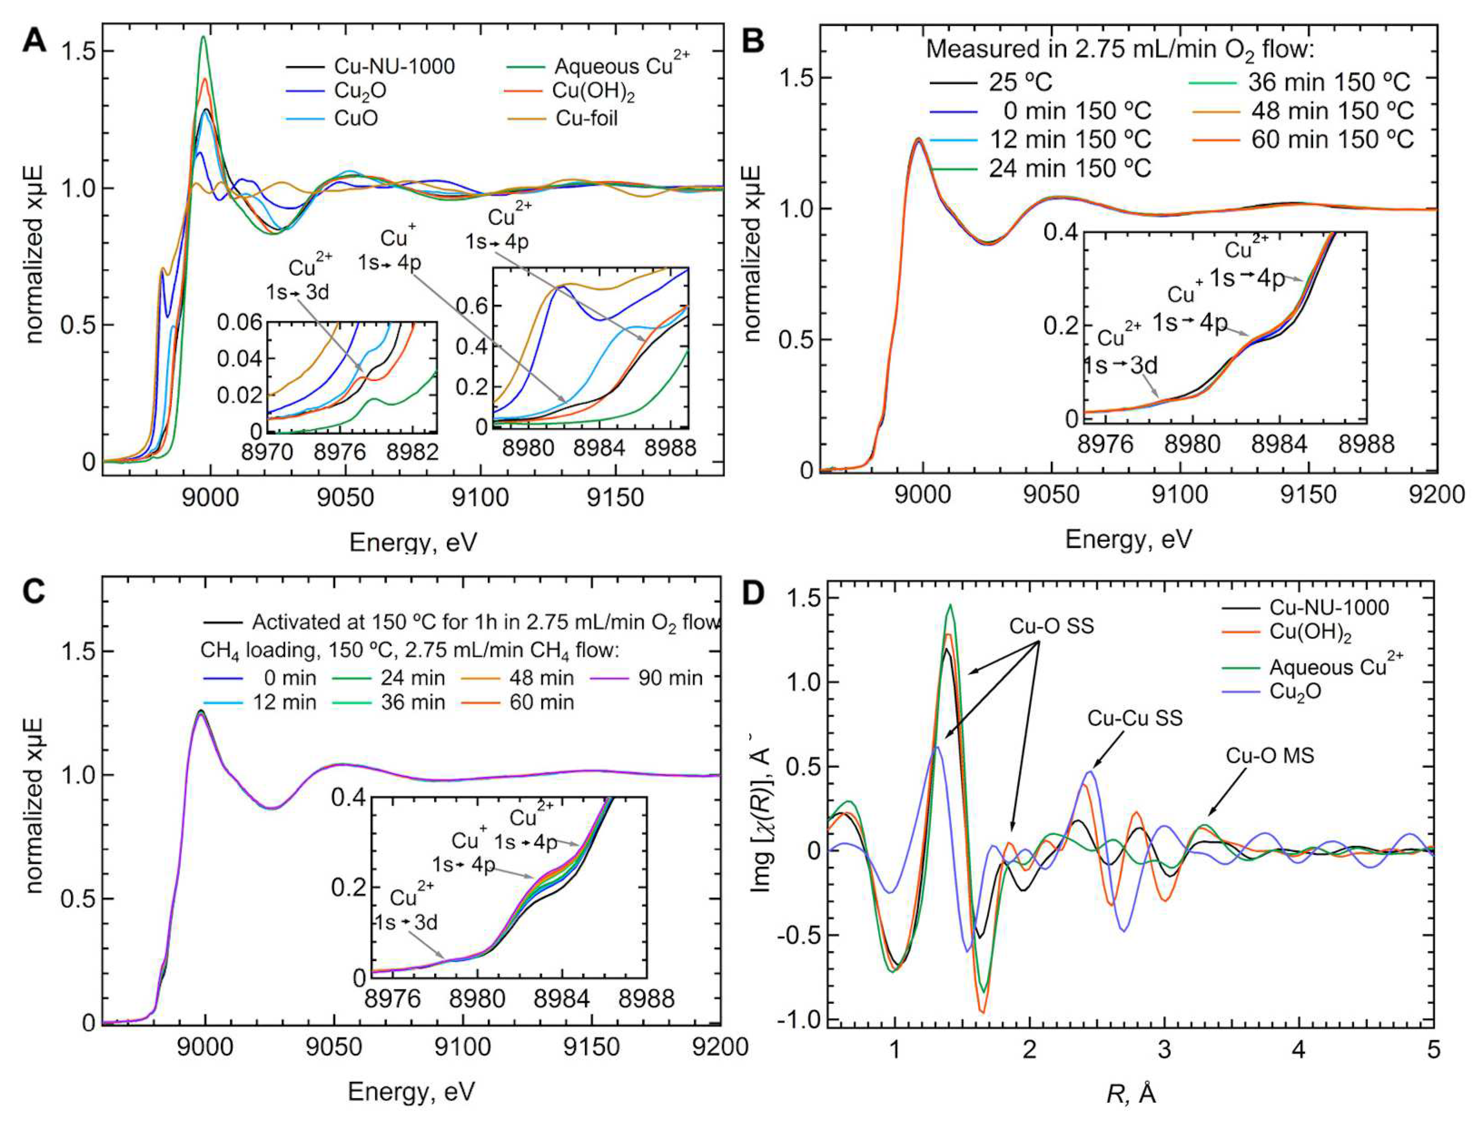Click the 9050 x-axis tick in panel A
(x=346, y=499)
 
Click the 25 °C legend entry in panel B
(x=1020, y=83)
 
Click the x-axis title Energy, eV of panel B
(x=1128, y=539)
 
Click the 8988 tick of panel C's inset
(x=647, y=999)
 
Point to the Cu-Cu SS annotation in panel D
(x=1135, y=717)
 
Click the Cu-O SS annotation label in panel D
(x=1052, y=626)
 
